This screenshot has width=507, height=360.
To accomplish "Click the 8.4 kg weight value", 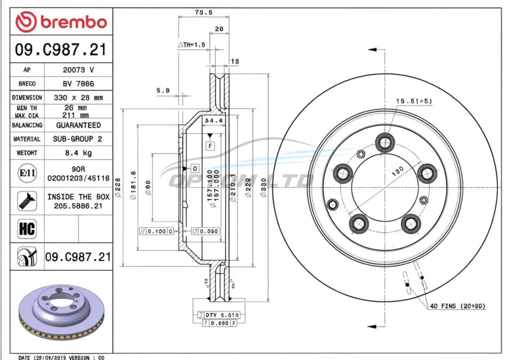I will coord(78,153).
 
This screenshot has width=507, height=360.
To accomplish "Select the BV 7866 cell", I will coord(78,84).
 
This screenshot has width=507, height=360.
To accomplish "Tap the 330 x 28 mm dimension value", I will coord(78,98).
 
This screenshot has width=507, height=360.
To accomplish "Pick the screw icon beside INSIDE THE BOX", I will coord(27,201).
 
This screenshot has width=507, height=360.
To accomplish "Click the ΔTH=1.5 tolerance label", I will coord(191,45).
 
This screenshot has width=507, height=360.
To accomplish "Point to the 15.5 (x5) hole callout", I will coord(413,101).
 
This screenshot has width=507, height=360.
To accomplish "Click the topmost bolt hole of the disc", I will coord(384,142).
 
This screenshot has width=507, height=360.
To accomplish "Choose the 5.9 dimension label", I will coord(163,91).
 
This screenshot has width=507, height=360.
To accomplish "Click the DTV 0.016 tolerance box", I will coord(219,315).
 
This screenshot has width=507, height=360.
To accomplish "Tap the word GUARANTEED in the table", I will coord(78,125).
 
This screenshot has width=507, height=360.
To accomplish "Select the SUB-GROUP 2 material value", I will coord(78,139).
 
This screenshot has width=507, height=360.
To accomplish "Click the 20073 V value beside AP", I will coord(78,70).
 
